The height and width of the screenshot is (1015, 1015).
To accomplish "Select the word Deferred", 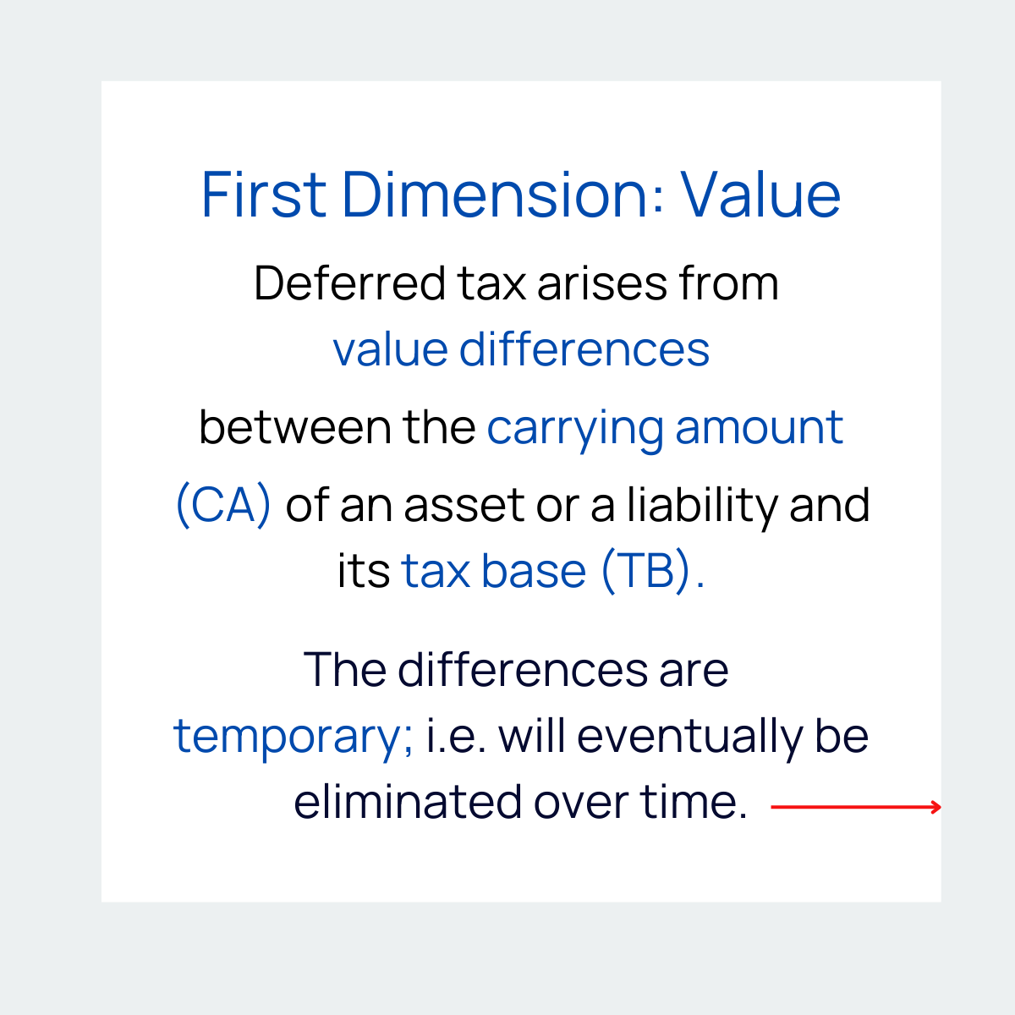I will coord(349,283).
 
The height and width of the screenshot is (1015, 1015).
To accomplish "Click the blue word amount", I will coord(759,427).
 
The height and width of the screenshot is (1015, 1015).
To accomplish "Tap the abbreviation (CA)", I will coord(223,506).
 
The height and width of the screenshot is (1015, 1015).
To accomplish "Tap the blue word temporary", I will coord(292,737).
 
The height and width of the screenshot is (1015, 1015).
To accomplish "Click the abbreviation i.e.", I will coord(455,736).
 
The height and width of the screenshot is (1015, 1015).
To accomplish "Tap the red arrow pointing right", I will coord(856,807).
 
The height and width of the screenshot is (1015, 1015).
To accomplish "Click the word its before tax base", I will coord(363,571).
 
